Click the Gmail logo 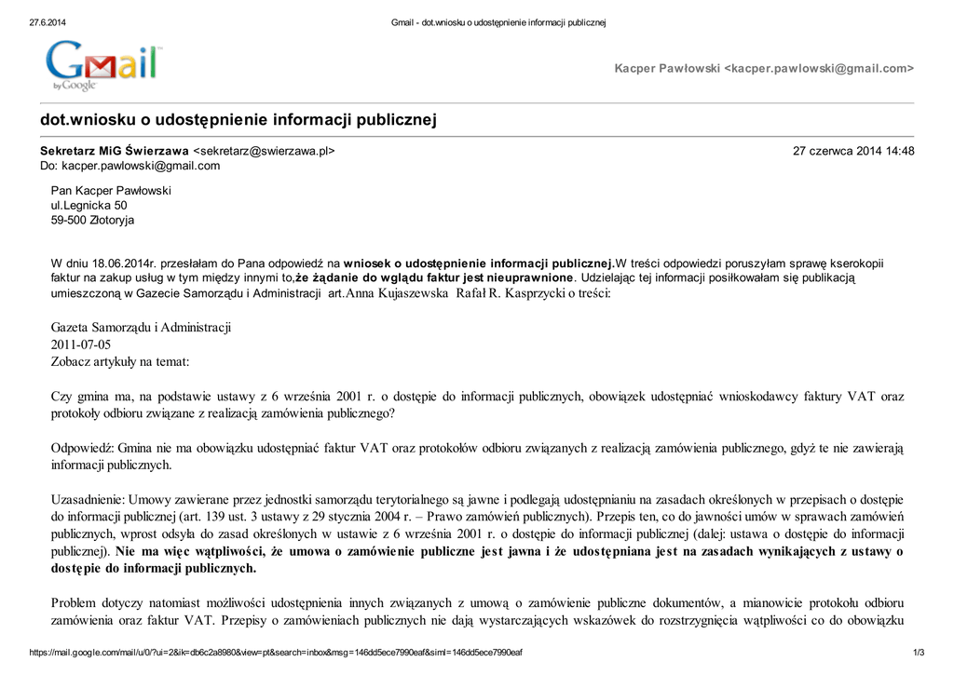(x=102, y=65)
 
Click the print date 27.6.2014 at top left (x=48, y=22)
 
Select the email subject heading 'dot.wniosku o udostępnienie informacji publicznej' (x=238, y=120)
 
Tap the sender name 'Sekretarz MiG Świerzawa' (x=114, y=151)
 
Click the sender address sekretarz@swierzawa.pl (x=264, y=151)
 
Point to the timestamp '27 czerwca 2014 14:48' (x=852, y=151)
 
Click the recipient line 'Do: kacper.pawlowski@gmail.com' (x=129, y=166)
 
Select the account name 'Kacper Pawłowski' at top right (x=667, y=69)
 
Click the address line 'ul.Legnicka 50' (x=89, y=205)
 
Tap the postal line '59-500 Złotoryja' (x=92, y=220)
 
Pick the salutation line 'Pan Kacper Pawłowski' (x=111, y=190)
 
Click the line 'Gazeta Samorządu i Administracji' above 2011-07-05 (x=141, y=328)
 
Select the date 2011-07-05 (x=81, y=344)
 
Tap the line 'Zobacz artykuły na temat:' (x=119, y=361)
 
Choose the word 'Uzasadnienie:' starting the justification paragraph (x=88, y=500)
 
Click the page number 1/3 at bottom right (x=918, y=653)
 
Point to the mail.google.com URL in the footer (x=276, y=653)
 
